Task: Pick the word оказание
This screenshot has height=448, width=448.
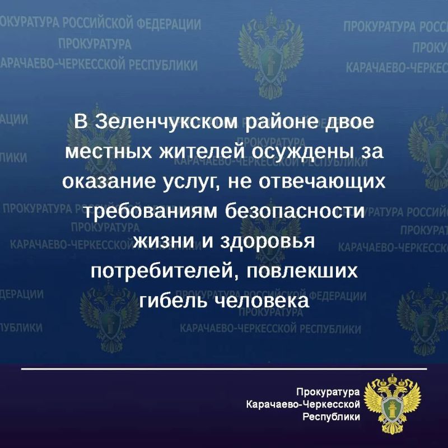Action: tap(109, 181)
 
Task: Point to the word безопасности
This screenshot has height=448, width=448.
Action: tap(295, 212)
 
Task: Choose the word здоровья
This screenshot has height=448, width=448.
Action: tap(268, 242)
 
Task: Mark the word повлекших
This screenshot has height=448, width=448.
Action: tap(302, 271)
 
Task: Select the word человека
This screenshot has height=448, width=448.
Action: tap(262, 301)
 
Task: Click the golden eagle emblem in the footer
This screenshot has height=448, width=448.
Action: tap(392, 403)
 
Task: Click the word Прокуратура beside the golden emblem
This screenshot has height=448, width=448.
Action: tap(328, 393)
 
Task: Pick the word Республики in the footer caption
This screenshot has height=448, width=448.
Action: tap(331, 417)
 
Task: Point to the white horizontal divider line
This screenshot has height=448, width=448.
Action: tap(224, 369)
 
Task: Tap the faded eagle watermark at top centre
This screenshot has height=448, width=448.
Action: tap(270, 55)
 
